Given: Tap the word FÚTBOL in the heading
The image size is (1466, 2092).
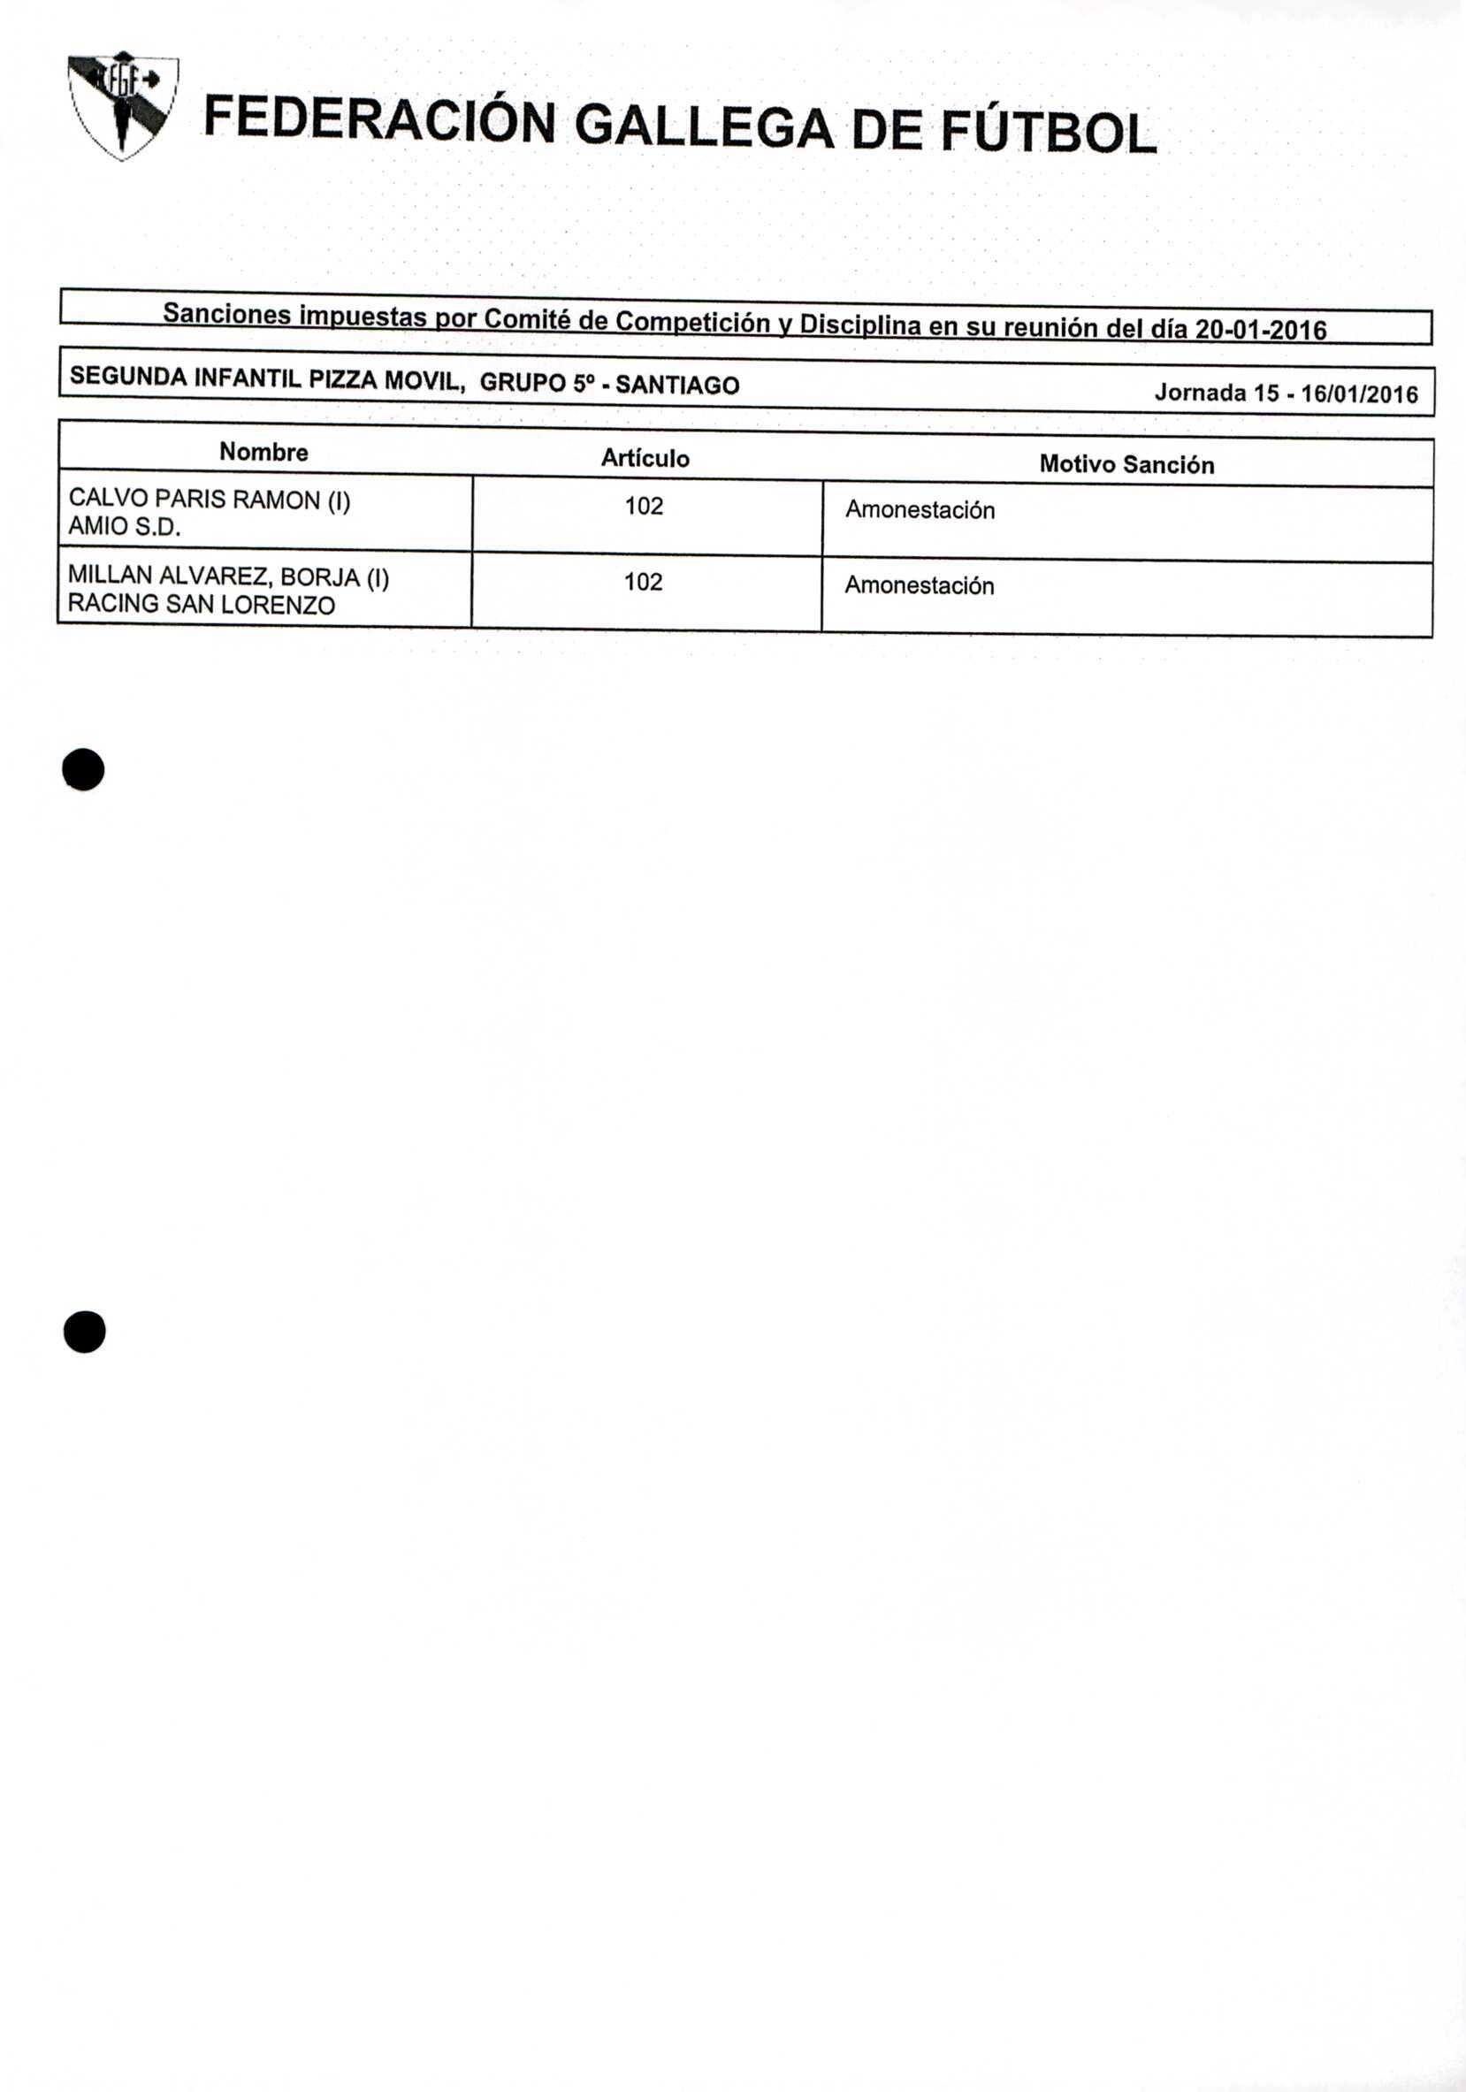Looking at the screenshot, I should click(x=1047, y=131).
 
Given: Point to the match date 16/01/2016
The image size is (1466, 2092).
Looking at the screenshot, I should click(x=1359, y=393).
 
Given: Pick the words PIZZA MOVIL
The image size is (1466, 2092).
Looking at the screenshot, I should click(x=387, y=379).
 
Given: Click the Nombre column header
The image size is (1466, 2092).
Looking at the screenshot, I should click(x=263, y=452).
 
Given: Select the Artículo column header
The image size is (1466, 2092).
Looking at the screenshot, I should click(x=645, y=458).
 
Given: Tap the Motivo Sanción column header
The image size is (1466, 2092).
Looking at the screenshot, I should click(x=1126, y=465).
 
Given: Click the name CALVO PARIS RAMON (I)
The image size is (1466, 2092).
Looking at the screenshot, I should click(x=210, y=500).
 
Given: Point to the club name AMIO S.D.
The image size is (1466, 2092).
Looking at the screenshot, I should click(x=125, y=527).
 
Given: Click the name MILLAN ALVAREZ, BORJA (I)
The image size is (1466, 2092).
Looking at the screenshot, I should click(x=229, y=576).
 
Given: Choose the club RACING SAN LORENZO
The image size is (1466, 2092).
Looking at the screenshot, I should click(x=202, y=604).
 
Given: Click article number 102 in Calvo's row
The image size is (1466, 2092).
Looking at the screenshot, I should click(x=644, y=506).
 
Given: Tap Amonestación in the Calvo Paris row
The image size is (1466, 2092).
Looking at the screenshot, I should click(x=920, y=509).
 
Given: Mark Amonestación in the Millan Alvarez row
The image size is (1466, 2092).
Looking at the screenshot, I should click(x=919, y=585).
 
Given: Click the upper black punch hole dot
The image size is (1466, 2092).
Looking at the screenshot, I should click(x=83, y=770).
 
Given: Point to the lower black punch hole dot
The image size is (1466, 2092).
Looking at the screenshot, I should click(x=84, y=1332).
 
